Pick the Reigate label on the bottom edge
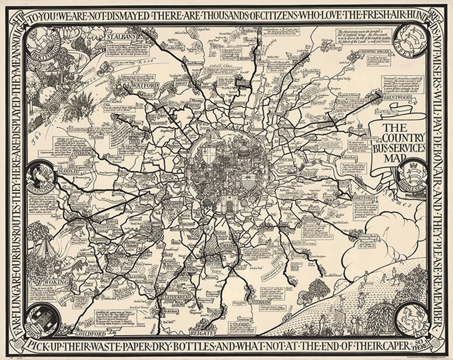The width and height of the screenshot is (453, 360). [202, 334]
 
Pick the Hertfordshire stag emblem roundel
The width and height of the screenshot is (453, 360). [44, 43]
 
